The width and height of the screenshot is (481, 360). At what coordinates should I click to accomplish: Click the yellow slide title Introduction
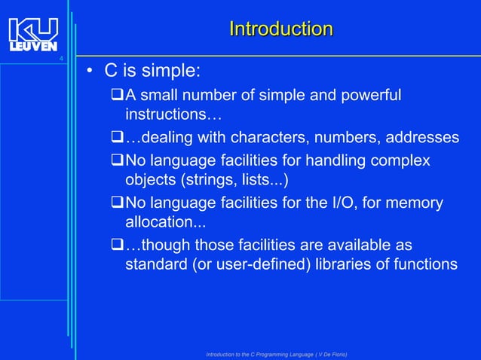[x=280, y=29]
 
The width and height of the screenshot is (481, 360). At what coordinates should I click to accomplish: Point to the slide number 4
[x=61, y=59]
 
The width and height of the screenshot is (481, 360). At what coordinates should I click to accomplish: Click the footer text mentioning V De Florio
[x=277, y=354]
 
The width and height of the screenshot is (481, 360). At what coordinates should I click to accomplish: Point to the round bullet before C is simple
[x=89, y=72]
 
